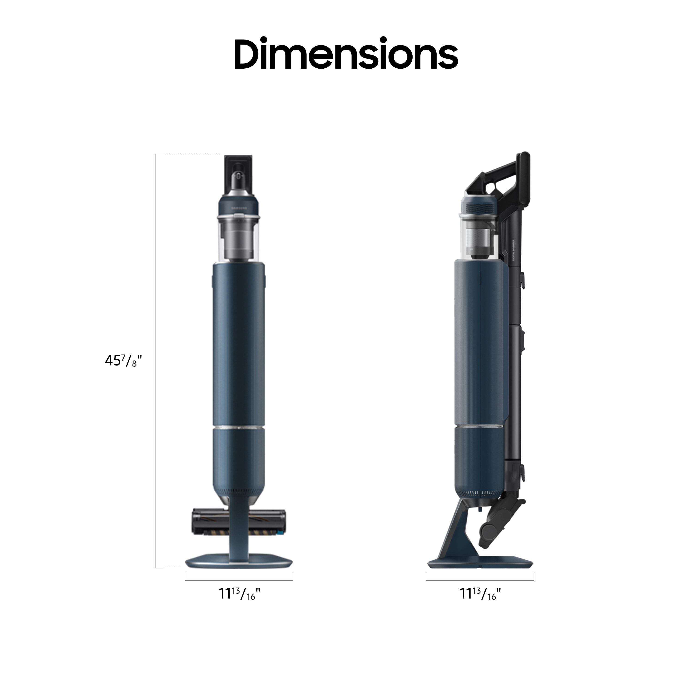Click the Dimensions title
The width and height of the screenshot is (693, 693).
point(346,54)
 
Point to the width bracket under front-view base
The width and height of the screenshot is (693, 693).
point(239,580)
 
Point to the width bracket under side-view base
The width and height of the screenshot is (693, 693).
point(480,580)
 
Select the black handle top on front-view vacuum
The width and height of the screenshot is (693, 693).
point(239,172)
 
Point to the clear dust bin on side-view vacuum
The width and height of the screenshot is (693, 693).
point(479,237)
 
